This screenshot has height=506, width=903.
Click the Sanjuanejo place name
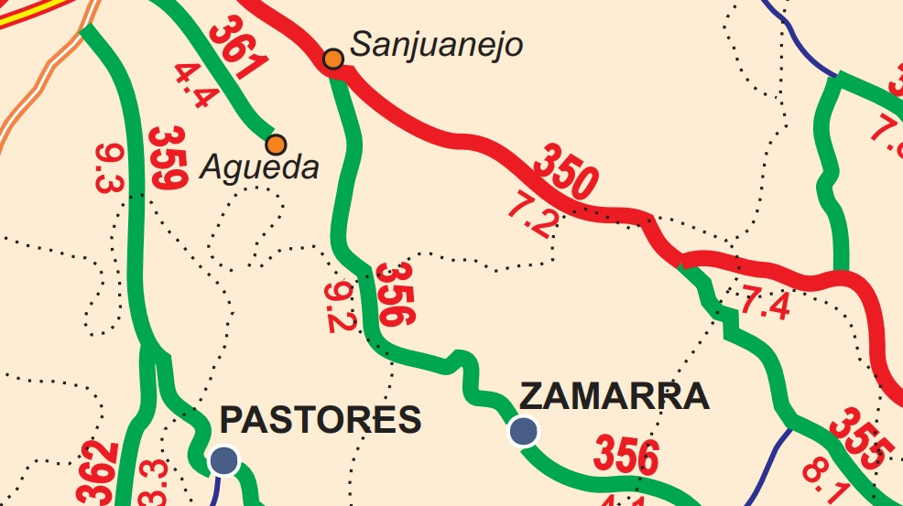point(437,43)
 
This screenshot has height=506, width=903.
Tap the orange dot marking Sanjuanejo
point(333,59)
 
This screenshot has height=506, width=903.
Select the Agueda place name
point(259,167)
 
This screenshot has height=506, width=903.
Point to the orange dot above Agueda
point(276,144)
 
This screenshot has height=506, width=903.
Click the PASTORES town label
point(321,420)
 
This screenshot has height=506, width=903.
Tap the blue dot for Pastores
point(224,460)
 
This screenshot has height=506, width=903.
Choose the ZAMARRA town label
point(614,396)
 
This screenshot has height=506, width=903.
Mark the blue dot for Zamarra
point(524,430)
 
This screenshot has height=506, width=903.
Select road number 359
point(166,157)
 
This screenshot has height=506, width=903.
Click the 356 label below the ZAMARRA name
point(627,456)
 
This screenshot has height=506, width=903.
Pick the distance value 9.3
point(107,169)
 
